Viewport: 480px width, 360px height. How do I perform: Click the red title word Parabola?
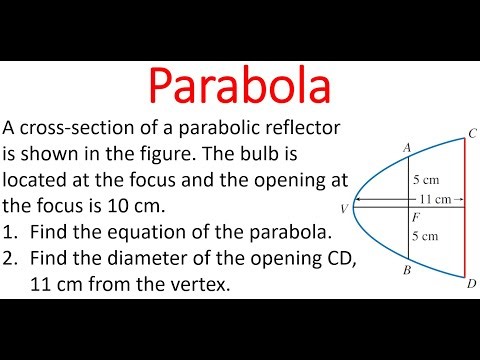241,80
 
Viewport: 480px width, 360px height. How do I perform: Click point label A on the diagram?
407,147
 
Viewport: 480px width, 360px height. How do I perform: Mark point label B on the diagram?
407,269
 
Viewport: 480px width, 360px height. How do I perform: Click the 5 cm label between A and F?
426,181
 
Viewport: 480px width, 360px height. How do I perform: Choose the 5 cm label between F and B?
426,237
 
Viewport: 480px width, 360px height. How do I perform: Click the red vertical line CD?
463,240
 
